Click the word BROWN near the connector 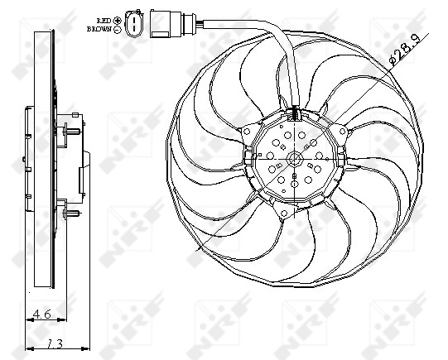pos(99,28)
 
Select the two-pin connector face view pos(132,24)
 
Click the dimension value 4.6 pos(41,314)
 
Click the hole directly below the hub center pos(292,187)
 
